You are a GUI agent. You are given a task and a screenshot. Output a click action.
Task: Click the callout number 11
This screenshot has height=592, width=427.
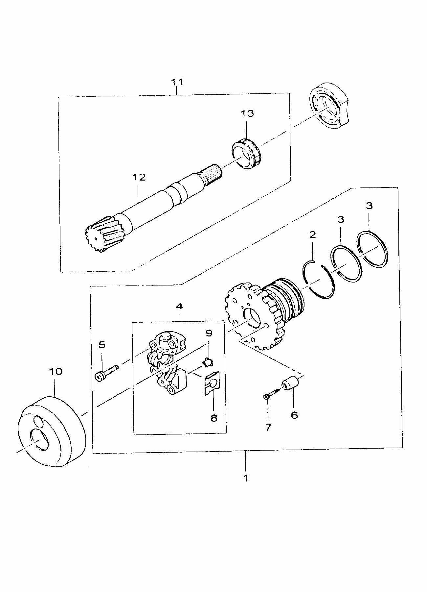(177, 82)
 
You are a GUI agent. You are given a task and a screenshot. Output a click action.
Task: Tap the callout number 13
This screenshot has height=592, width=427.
(247, 113)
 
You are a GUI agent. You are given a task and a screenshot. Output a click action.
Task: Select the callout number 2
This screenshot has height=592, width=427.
(312, 235)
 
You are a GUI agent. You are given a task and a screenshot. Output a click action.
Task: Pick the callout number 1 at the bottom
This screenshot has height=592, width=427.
(246, 477)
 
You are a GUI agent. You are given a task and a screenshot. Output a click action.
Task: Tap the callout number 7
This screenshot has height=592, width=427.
(268, 427)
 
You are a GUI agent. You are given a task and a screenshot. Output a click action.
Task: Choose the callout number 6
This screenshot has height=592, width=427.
(294, 415)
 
